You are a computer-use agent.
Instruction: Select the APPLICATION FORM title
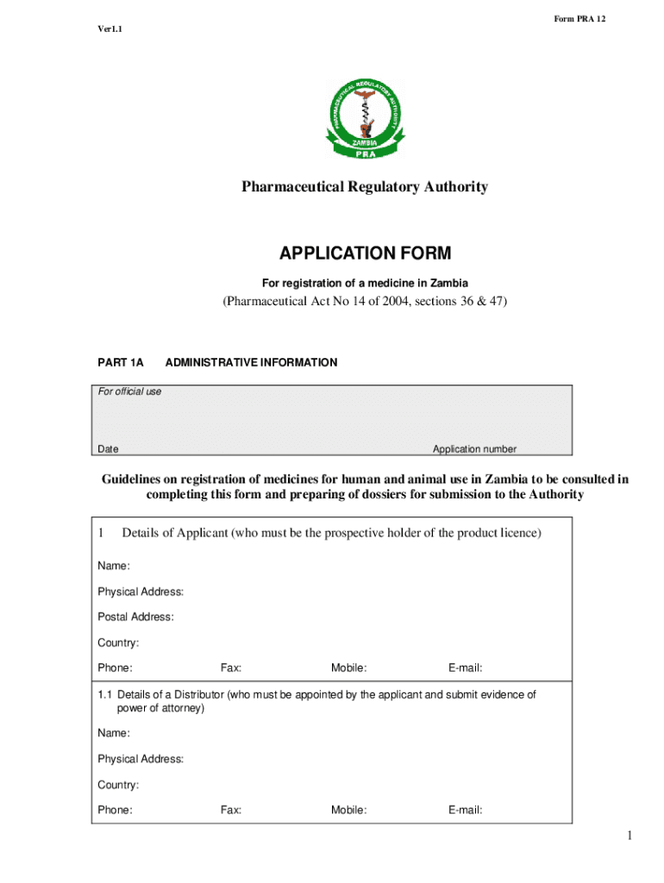tap(365, 254)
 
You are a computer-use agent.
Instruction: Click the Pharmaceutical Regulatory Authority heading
tap(364, 187)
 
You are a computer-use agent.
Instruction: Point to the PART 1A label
tap(120, 363)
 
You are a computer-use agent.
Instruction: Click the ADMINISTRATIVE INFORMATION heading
tap(251, 363)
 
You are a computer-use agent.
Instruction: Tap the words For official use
tap(129, 391)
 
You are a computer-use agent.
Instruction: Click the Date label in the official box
tap(108, 449)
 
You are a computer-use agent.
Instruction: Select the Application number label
tap(474, 449)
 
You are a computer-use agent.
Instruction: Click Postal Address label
tap(135, 617)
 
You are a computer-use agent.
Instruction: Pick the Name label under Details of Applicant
tap(113, 566)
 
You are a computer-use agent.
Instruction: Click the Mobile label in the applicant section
tap(349, 668)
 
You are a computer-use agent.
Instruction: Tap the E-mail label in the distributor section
tap(465, 811)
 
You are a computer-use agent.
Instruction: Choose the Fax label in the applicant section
tap(231, 668)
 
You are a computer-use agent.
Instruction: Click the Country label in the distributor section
tap(118, 786)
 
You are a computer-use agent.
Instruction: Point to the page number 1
tap(630, 836)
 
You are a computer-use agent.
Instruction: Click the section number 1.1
tap(105, 695)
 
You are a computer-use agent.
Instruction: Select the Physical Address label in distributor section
tap(140, 760)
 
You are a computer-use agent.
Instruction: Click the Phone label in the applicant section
tap(115, 668)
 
